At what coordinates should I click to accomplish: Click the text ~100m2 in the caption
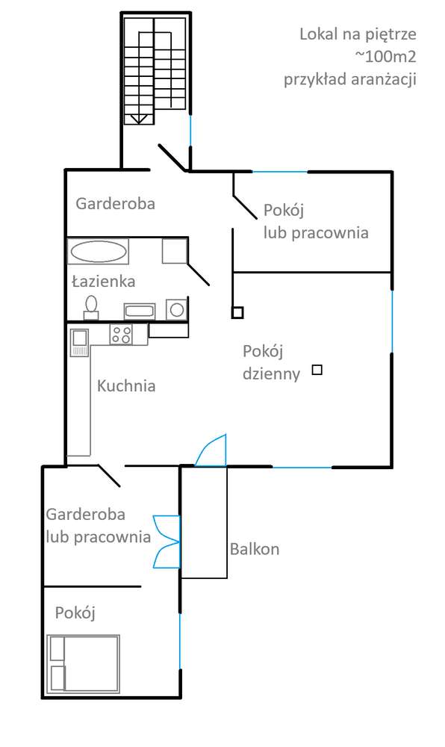click(385, 57)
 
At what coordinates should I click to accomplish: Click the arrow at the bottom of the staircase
click(137, 117)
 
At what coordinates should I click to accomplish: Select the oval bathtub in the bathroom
click(98, 251)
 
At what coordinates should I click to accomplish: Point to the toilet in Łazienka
click(92, 307)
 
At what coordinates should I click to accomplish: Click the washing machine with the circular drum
click(177, 309)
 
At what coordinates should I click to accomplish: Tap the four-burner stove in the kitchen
click(120, 335)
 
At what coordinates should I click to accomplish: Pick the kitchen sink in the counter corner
click(79, 341)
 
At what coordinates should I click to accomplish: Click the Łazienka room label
click(103, 282)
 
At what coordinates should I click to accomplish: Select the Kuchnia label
click(126, 386)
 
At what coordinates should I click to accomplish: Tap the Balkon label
click(255, 549)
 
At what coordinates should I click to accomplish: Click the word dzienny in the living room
click(272, 373)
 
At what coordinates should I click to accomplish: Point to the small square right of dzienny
click(317, 369)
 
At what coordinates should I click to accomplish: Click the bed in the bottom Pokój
click(84, 663)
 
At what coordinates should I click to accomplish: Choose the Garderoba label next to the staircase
click(116, 202)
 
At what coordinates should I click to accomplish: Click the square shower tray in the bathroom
click(174, 250)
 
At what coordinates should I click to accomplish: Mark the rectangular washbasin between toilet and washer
click(139, 310)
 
